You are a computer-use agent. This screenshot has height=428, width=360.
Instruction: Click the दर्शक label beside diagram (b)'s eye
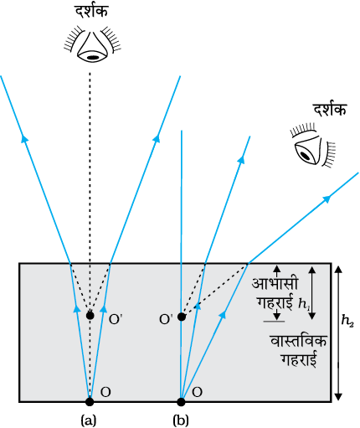330,109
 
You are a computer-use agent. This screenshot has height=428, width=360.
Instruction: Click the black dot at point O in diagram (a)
90,401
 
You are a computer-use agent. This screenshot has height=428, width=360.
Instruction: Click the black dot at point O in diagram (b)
181,401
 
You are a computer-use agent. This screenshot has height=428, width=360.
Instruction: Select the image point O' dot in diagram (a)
90,316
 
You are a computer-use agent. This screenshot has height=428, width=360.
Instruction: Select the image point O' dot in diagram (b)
182,317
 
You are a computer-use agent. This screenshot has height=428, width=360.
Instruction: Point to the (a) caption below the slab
89,420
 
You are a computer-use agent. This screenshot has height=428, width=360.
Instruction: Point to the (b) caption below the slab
181,420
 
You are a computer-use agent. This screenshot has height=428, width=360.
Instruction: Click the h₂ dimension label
347,322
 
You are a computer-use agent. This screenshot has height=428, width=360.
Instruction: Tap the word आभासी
275,283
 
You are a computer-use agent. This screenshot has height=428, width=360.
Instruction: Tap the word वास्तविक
298,342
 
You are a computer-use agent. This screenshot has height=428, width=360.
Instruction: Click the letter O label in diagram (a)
105,392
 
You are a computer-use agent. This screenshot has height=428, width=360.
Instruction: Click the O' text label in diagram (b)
166,319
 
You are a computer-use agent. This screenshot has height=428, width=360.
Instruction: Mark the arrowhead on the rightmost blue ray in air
327,199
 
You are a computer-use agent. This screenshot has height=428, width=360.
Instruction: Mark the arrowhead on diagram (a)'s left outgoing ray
25,138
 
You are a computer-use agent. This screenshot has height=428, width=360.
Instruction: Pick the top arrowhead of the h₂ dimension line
338,269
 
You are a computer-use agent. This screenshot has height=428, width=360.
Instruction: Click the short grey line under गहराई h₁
274,322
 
